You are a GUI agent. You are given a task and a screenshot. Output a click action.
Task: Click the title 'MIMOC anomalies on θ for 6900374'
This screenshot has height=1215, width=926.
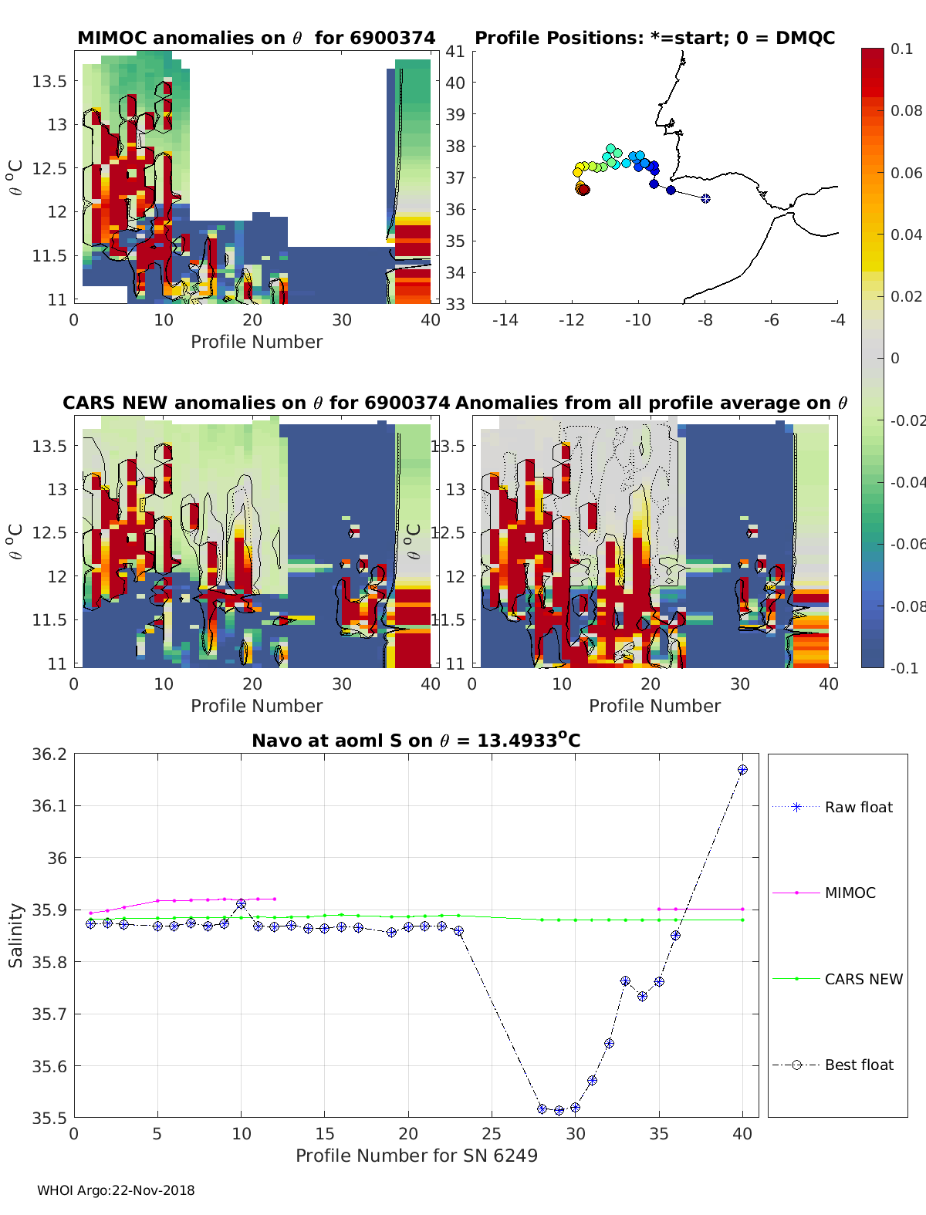tap(256, 38)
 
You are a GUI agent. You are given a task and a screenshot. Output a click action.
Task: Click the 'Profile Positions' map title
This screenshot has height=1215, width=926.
tap(654, 38)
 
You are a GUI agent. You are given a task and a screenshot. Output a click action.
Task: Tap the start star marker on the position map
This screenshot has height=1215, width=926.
tap(705, 198)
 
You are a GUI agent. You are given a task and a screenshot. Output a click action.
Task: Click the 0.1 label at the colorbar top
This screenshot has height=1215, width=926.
tap(901, 49)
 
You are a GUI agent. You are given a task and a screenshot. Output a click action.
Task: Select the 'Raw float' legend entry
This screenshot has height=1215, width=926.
tap(858, 807)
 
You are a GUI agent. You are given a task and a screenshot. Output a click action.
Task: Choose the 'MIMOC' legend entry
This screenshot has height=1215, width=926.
tap(850, 893)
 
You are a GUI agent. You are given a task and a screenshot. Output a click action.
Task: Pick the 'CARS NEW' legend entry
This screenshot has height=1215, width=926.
tap(863, 979)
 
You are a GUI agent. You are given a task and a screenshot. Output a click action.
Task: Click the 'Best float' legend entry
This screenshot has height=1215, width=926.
tap(858, 1065)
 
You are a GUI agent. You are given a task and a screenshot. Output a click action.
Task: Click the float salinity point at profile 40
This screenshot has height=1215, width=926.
tap(742, 770)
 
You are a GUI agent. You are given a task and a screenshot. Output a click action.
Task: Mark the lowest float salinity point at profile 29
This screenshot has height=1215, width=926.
tap(559, 1111)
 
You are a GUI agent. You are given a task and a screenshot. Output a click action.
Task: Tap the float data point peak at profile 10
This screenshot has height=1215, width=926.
tap(242, 903)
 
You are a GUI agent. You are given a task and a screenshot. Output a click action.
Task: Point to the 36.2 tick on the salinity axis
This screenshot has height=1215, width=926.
tap(49, 754)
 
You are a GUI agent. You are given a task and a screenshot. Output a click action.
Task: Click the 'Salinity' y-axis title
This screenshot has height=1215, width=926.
tap(15, 935)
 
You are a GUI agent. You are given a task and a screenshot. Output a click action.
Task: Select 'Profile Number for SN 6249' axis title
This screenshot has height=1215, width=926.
tap(417, 1156)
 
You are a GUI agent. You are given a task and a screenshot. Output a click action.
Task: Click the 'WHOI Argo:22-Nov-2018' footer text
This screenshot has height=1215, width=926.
tap(116, 1190)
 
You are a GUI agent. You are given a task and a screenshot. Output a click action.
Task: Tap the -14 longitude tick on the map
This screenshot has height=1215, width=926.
tap(505, 320)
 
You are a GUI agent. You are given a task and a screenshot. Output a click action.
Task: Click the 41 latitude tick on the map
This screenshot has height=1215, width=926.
tap(455, 52)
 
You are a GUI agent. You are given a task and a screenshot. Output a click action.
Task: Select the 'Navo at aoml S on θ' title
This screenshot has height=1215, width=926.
tap(416, 741)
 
